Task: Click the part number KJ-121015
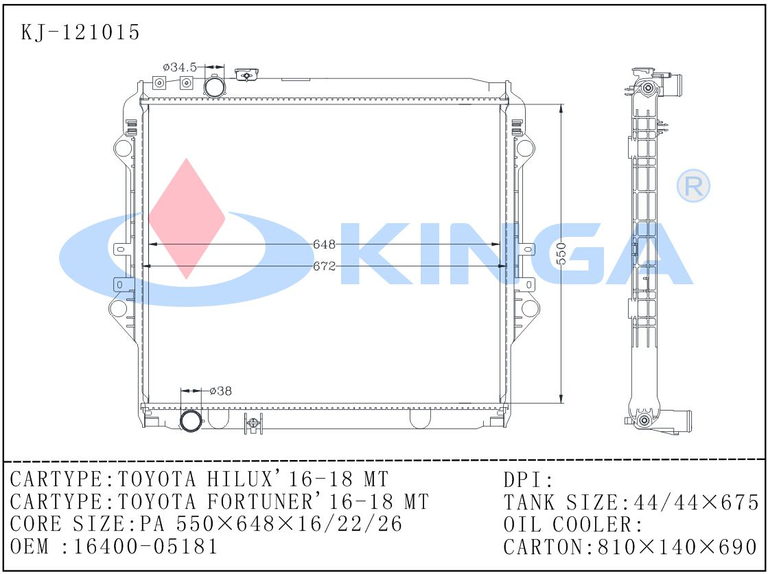click(81, 32)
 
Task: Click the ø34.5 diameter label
click(179, 67)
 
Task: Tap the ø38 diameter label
click(220, 391)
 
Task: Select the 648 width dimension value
click(324, 244)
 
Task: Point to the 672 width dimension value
click(324, 266)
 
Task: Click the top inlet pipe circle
click(214, 87)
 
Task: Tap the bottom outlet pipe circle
click(191, 421)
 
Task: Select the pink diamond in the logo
click(187, 218)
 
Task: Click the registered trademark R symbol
click(693, 185)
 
